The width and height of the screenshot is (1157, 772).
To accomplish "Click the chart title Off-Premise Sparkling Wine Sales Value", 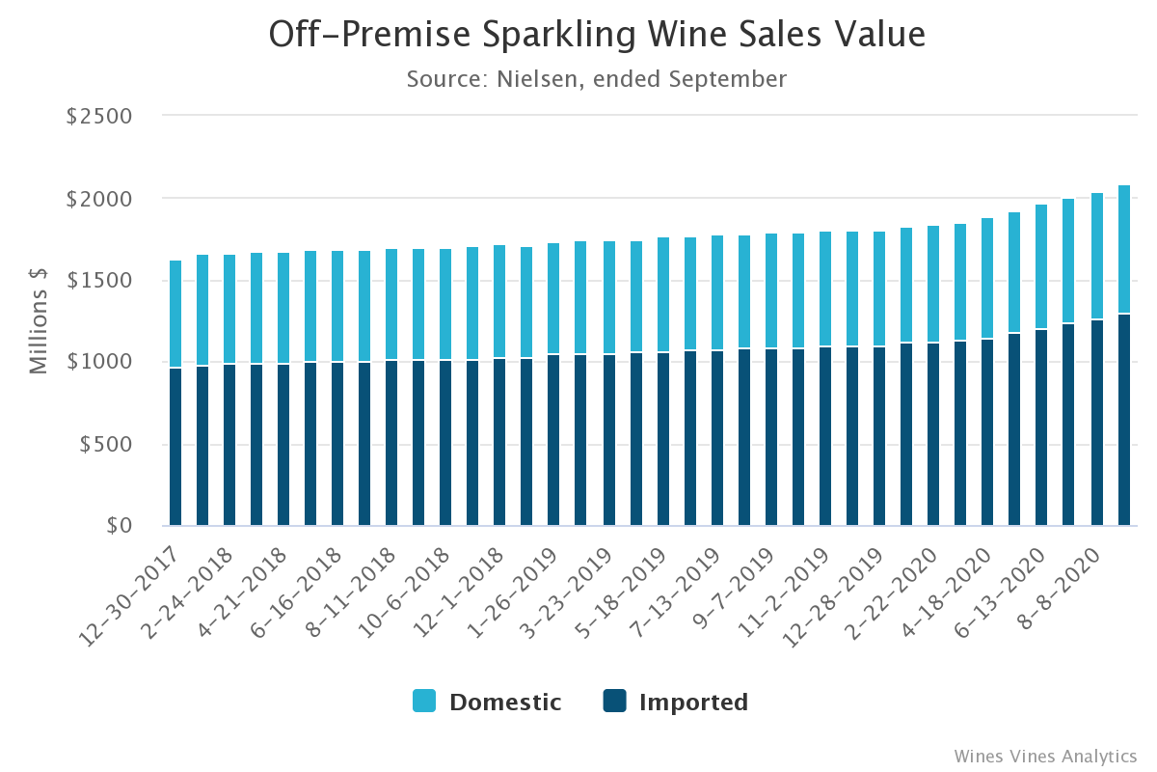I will point(597,35).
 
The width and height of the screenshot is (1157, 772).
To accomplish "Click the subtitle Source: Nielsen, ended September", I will point(597,79).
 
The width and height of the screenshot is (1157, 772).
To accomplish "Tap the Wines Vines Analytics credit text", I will point(1045,756).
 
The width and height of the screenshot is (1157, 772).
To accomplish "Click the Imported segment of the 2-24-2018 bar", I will point(229,445).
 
